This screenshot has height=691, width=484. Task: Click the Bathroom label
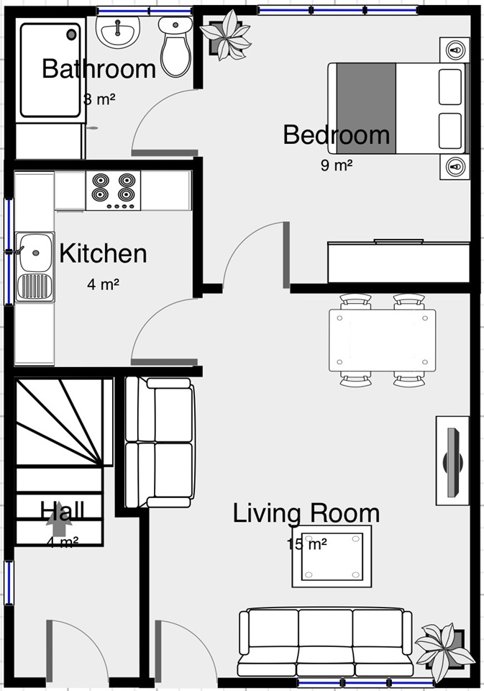click(x=99, y=69)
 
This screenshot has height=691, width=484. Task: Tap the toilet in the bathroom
click(x=175, y=47)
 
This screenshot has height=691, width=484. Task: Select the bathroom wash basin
click(x=118, y=32)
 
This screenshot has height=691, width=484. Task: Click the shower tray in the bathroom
click(x=50, y=71)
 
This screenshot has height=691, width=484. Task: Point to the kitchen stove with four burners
click(x=113, y=190)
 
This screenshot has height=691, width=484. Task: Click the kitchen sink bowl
click(x=35, y=253)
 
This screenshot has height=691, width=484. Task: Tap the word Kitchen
click(x=103, y=253)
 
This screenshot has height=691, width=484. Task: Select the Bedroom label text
click(x=336, y=135)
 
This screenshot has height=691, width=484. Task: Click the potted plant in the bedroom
click(x=226, y=35)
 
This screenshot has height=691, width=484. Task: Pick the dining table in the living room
click(x=383, y=340)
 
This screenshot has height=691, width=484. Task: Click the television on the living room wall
click(x=453, y=461)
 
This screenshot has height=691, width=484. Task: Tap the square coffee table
click(x=332, y=556)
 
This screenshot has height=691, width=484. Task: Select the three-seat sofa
click(x=325, y=643)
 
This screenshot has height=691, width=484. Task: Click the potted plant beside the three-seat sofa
click(x=444, y=651)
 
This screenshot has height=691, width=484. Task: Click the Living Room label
click(x=306, y=513)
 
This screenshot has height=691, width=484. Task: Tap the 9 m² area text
click(x=337, y=166)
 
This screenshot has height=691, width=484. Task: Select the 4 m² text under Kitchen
click(x=103, y=284)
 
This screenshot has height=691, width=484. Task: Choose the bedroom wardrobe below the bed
click(x=398, y=262)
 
